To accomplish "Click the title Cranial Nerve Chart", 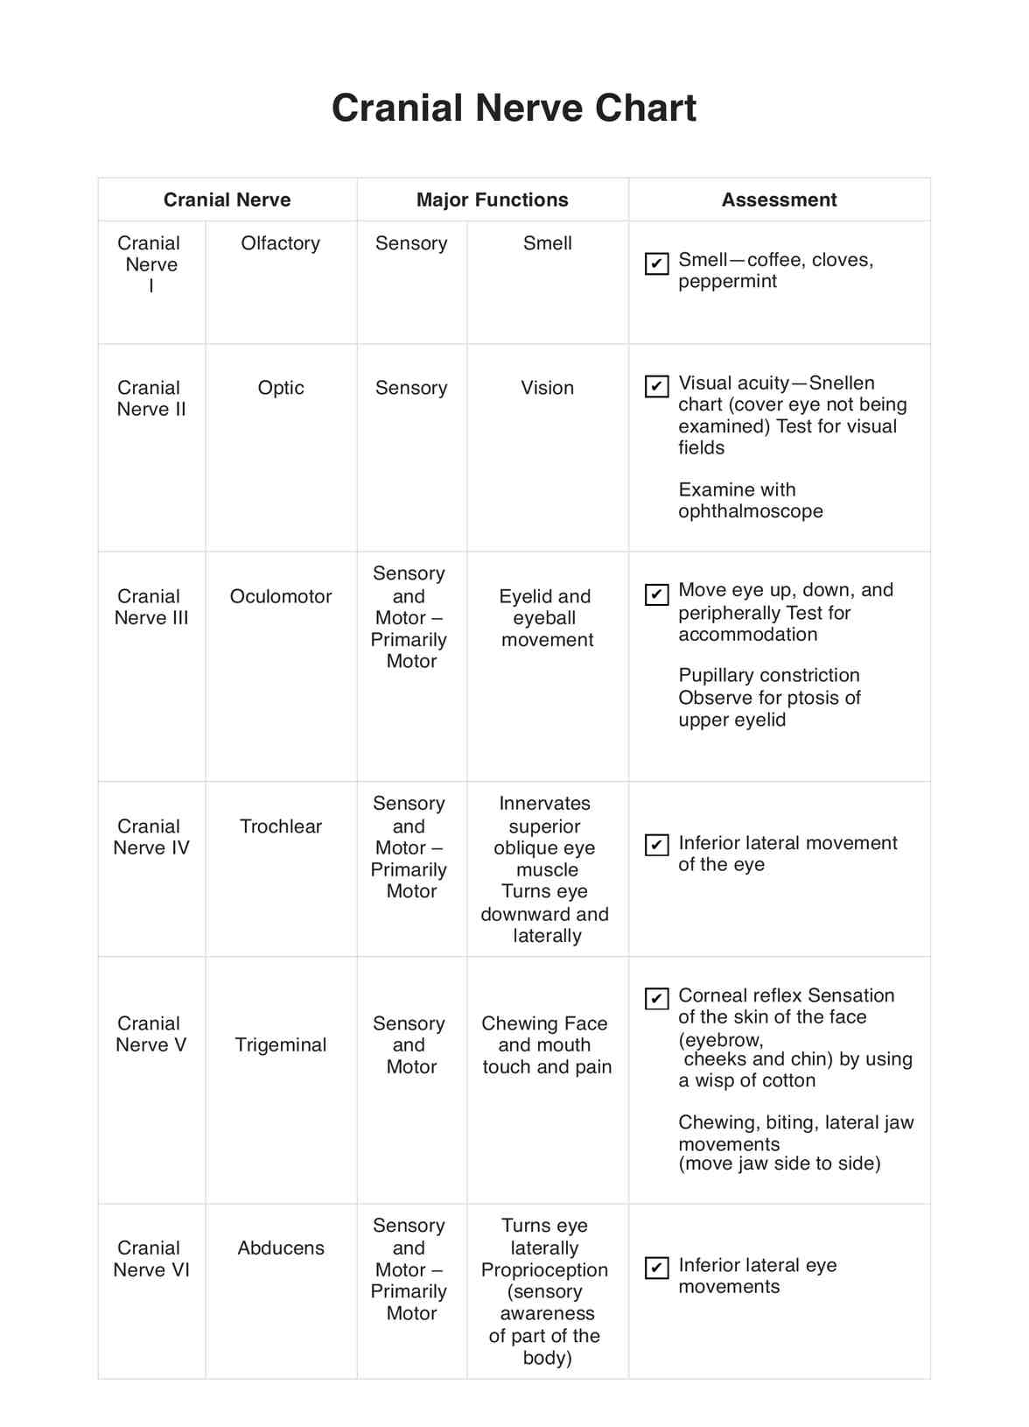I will click(x=514, y=109).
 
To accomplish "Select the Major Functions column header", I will click(x=492, y=200).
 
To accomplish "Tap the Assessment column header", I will click(x=779, y=200).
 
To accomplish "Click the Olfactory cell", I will click(x=280, y=243).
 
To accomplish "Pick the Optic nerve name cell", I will click(x=280, y=388).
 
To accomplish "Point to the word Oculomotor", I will click(x=280, y=596).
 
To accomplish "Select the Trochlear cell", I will click(x=280, y=826).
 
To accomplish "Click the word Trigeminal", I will click(x=280, y=1044).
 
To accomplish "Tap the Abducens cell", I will click(x=280, y=1248).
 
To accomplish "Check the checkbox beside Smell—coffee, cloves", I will click(x=656, y=263).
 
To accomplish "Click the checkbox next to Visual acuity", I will click(x=656, y=386).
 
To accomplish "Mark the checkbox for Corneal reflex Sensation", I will click(x=656, y=998).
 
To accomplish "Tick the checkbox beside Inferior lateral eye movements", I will click(x=656, y=1268).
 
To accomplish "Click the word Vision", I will click(x=547, y=388).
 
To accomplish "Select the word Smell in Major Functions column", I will click(x=547, y=243).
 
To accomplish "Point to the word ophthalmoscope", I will click(x=750, y=511).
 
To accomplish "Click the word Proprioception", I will click(x=544, y=1269).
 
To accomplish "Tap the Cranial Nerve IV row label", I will click(x=150, y=837).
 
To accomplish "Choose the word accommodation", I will click(x=747, y=635).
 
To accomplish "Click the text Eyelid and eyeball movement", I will click(x=546, y=618).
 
